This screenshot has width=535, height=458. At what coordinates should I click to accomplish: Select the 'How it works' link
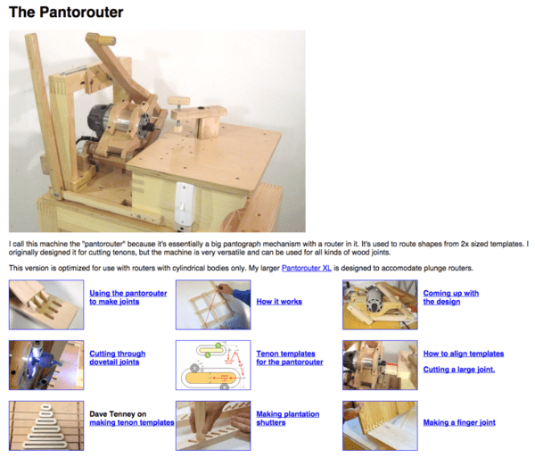[279, 302]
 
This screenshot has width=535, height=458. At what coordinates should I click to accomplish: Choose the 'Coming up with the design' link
[450, 297]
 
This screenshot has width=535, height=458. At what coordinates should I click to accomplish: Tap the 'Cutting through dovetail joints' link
[117, 358]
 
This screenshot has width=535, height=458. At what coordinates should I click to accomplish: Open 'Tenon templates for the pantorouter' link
[290, 358]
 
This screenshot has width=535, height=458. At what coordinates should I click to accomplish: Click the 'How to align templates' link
[463, 354]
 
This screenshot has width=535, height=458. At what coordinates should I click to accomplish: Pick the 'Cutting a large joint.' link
[458, 369]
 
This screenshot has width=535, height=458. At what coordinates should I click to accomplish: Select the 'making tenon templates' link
[131, 422]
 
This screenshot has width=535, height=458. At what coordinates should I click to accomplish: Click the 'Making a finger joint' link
[459, 422]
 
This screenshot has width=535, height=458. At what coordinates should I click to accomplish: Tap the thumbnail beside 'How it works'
[212, 304]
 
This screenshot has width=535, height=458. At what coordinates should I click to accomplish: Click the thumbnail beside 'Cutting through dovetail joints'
[45, 364]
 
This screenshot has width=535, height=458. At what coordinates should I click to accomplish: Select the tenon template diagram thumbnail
[212, 364]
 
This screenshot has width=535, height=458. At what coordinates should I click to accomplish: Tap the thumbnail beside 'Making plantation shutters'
[212, 424]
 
